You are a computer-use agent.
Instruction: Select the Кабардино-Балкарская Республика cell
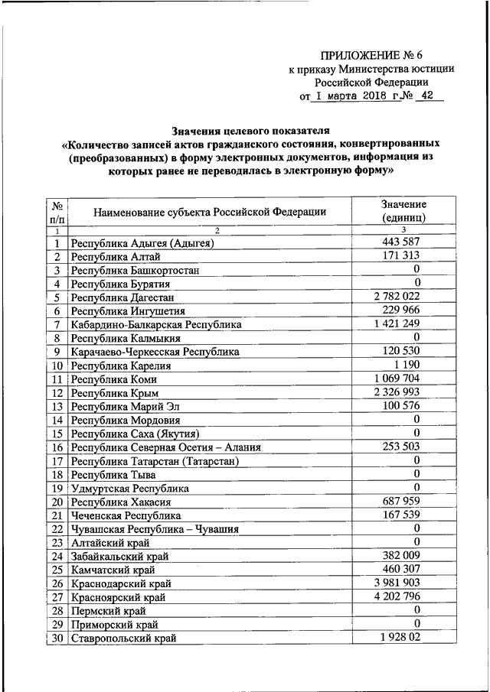click(x=156, y=325)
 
